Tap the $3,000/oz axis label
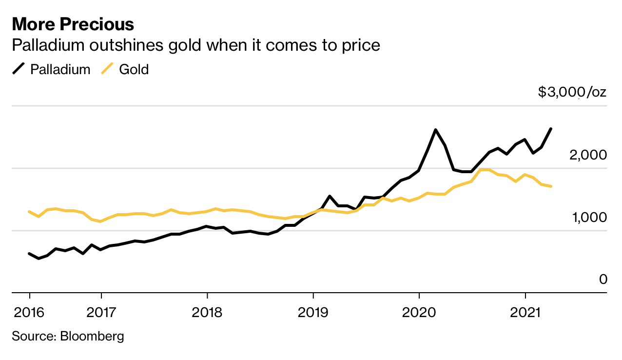click(572, 91)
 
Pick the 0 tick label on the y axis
click(603, 279)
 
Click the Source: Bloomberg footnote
click(68, 336)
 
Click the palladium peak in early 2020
click(435, 130)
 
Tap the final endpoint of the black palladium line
click(551, 129)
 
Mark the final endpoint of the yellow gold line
click(551, 186)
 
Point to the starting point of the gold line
click(29, 212)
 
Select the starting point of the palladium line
click(29, 254)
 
